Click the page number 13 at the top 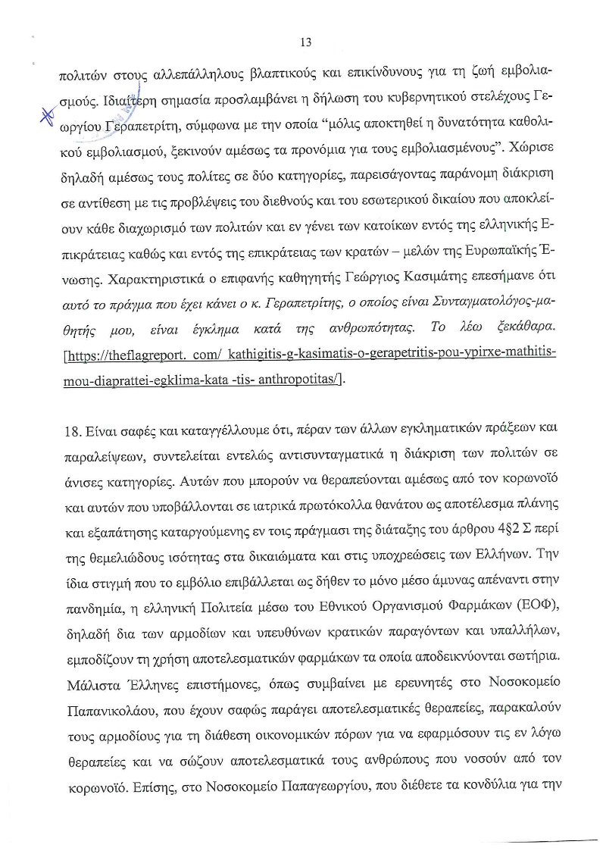click(x=306, y=42)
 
